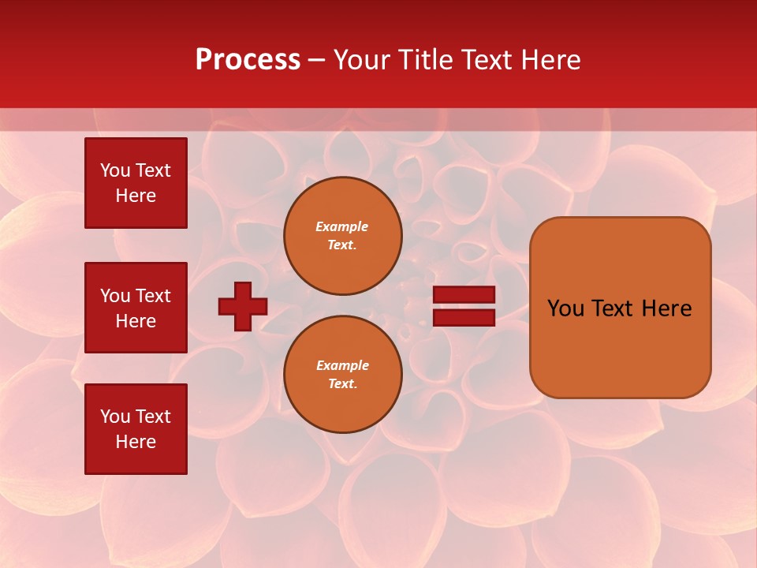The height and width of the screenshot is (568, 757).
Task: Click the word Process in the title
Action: click(x=248, y=60)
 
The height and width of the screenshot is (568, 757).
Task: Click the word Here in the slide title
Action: click(x=550, y=60)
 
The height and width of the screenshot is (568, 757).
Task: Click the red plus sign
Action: click(x=243, y=306)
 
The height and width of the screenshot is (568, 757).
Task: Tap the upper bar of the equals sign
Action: click(x=464, y=295)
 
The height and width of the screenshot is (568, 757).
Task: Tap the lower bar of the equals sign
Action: click(x=464, y=318)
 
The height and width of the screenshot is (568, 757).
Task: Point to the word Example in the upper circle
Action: click(x=342, y=226)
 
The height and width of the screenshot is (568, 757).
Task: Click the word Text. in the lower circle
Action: click(x=343, y=383)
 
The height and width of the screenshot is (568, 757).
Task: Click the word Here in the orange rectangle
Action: click(x=666, y=308)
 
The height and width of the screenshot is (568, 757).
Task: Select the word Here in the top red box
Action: click(x=136, y=196)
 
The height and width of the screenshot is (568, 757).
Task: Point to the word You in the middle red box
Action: click(x=115, y=296)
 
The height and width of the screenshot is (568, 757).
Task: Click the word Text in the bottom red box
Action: click(x=153, y=417)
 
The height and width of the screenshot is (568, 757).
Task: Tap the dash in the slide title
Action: click(x=317, y=60)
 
